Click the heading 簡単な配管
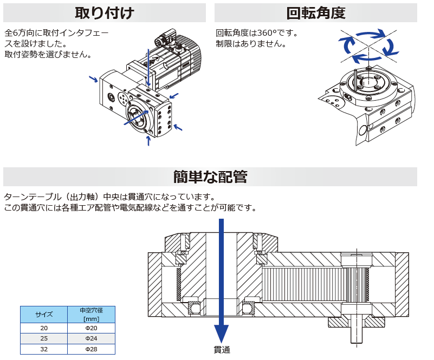(x=210, y=177)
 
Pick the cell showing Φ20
(x=91, y=329)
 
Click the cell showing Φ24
(x=91, y=339)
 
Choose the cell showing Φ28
(x=91, y=350)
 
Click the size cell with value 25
(x=44, y=339)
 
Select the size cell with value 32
(x=44, y=350)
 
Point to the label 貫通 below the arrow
(x=222, y=350)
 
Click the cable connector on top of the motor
(x=162, y=40)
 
